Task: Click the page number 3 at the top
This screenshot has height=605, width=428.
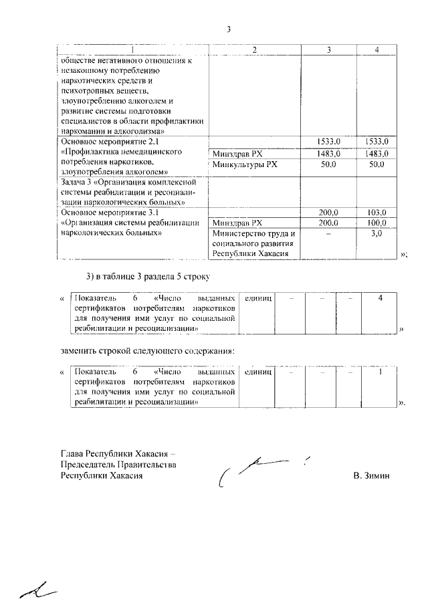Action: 229,29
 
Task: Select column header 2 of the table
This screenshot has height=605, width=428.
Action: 254,51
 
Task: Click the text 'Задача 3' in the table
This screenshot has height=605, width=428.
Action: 79,181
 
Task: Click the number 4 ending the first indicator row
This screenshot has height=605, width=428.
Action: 380,297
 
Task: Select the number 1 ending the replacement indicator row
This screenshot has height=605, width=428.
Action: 380,372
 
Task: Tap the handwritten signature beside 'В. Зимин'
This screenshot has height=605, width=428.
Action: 261,471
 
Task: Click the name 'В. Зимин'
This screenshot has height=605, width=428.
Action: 371,475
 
